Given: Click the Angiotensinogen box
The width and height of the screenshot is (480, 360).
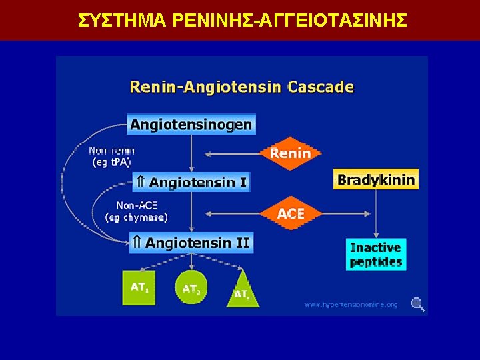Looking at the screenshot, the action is click(x=191, y=125).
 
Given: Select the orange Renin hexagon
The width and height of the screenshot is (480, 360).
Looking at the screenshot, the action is click(x=290, y=153).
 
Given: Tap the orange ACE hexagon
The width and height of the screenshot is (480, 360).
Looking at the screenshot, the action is click(x=290, y=214).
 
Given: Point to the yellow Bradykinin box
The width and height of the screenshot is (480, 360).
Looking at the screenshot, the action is click(x=376, y=179).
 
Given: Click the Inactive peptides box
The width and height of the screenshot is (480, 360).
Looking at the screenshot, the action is click(x=376, y=254).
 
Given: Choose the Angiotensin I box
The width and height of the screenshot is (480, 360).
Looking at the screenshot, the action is click(x=191, y=182).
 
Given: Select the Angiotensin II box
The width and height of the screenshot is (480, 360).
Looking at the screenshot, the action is click(x=191, y=243).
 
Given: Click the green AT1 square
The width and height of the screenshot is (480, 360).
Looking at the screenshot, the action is click(x=139, y=289).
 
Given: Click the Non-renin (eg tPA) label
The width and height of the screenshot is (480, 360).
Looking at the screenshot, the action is click(x=111, y=156).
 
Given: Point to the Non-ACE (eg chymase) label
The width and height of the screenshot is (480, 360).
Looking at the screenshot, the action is click(x=137, y=211).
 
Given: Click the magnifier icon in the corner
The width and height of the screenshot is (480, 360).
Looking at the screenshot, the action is click(x=418, y=305).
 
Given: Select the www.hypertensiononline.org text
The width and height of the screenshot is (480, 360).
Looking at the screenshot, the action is click(x=351, y=305).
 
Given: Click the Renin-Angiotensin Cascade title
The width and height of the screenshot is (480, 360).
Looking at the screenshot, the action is click(x=241, y=87).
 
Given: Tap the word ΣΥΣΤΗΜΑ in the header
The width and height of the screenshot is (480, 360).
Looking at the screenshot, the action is click(x=122, y=21).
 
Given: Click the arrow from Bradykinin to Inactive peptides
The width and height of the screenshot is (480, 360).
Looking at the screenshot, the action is click(x=376, y=213).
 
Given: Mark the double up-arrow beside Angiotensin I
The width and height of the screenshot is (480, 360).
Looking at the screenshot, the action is click(x=140, y=182).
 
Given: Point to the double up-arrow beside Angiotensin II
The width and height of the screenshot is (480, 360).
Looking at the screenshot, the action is click(x=136, y=243).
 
